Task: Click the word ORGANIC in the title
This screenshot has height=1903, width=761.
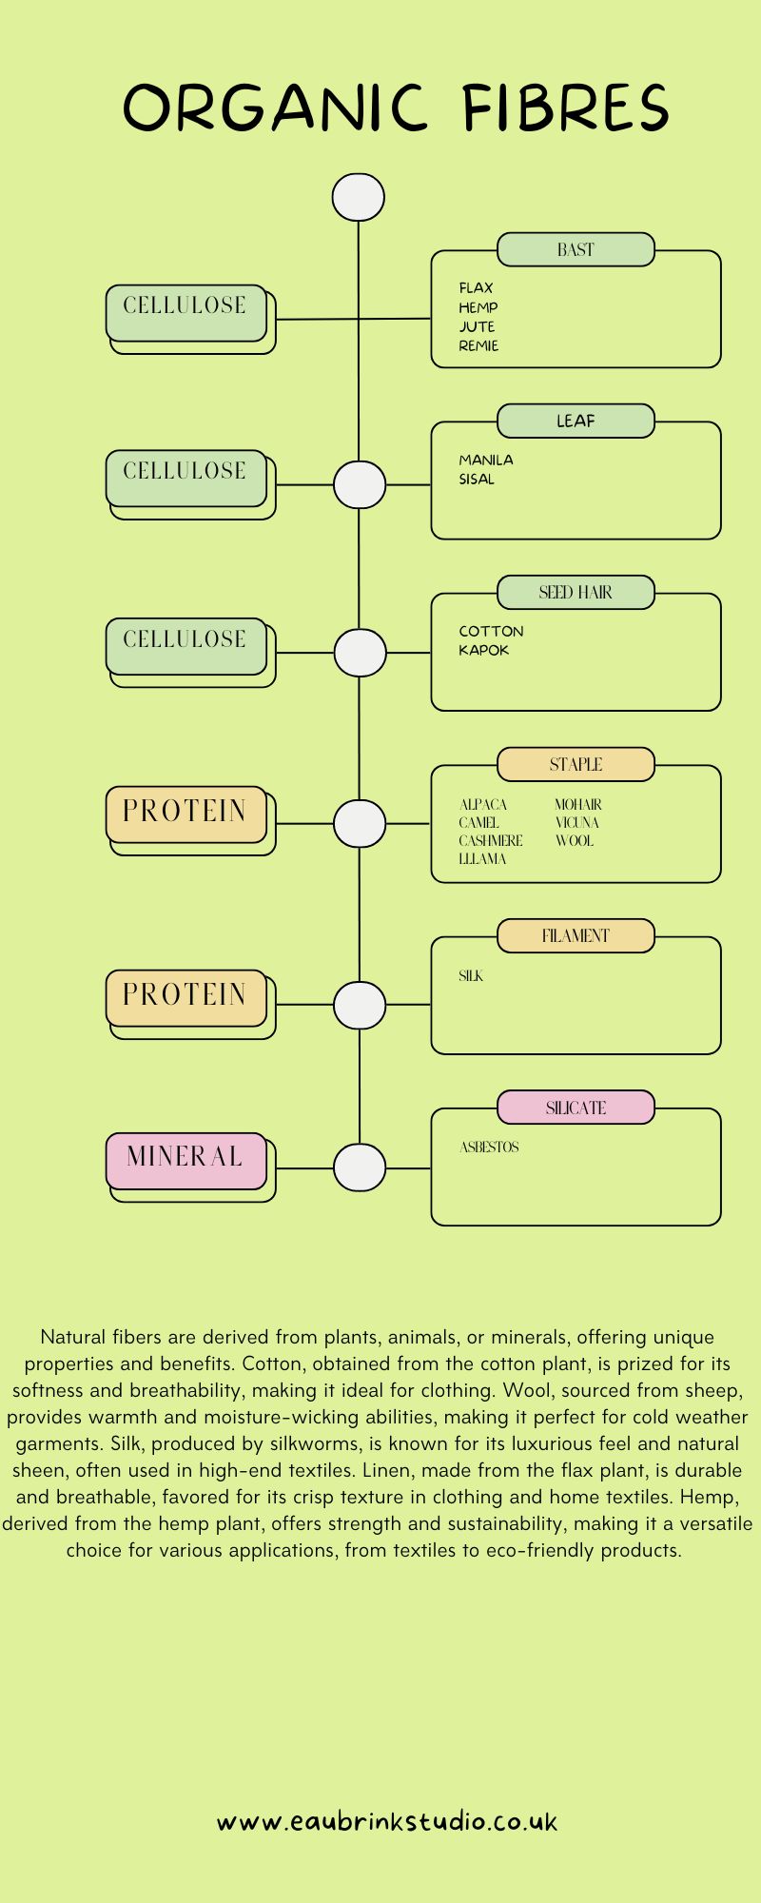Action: pos(275,108)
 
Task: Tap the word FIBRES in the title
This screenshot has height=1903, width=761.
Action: pos(566,108)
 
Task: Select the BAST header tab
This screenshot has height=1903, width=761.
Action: pos(576,249)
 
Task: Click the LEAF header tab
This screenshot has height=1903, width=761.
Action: pos(576,421)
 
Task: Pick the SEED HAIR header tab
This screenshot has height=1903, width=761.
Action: pos(576,592)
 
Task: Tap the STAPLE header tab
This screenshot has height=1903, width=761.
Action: pos(576,764)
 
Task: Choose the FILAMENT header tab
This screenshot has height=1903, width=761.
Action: pos(576,935)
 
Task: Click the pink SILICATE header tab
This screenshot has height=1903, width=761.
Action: pos(576,1108)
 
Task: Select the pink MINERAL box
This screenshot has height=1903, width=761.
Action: pos(185,1159)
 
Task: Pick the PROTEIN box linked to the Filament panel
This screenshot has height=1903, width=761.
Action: pos(185,997)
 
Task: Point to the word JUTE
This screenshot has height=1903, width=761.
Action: pos(477,326)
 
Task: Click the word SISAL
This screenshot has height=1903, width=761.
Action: pos(477,479)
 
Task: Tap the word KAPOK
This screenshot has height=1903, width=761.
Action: pos(484,650)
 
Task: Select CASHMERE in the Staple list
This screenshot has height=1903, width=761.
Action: pos(491,840)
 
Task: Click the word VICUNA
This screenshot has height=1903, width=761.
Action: pos(577,822)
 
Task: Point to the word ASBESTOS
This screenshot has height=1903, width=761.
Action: pos(489,1147)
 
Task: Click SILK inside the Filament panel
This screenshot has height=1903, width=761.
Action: pos(471,975)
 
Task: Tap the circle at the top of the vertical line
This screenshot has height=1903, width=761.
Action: pos(359,198)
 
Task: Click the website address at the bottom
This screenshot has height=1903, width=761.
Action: pos(386,1822)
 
